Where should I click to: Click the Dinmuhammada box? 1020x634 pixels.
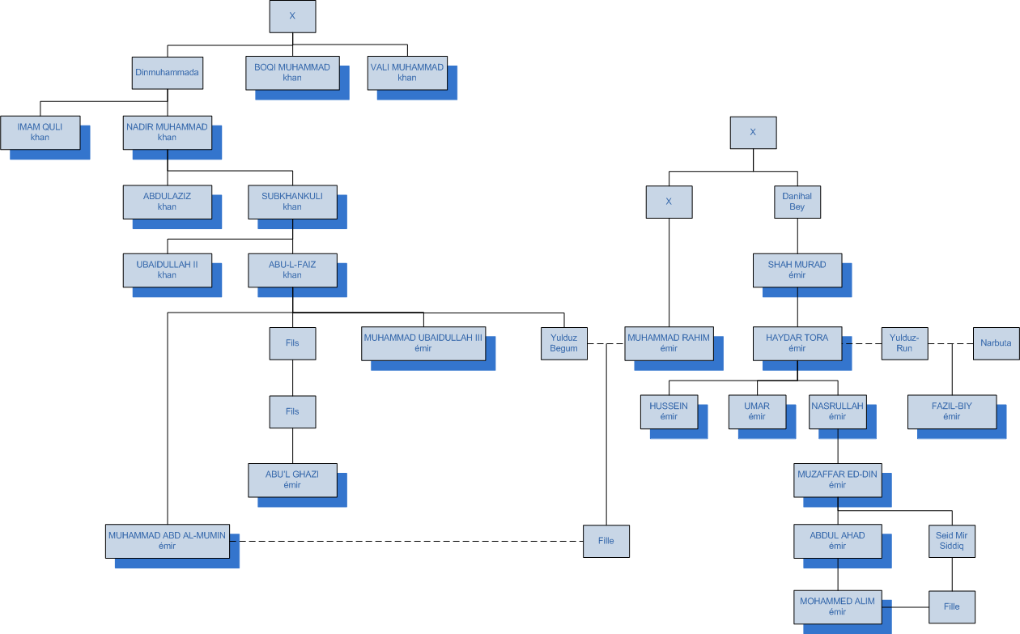point(167,72)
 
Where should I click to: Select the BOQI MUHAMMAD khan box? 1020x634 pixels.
point(292,72)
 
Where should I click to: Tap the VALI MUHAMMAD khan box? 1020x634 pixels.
point(407,72)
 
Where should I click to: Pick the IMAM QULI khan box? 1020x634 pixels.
point(40,132)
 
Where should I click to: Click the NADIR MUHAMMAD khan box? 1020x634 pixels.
point(167,132)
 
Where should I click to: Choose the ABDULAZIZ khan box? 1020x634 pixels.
point(167,201)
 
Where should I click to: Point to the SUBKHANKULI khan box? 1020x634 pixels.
point(292,201)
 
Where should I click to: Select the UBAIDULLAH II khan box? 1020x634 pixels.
point(167,270)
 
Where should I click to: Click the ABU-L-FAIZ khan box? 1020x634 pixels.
point(292,270)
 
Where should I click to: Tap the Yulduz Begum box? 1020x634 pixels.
point(563,343)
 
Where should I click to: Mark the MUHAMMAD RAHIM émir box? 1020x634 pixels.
point(669,343)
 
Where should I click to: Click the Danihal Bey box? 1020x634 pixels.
point(797,202)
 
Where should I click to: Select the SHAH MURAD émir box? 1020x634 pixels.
point(797,270)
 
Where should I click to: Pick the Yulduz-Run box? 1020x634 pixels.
point(904,343)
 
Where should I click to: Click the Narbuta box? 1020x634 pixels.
point(996,343)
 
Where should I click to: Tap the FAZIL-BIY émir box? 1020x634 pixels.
point(951,411)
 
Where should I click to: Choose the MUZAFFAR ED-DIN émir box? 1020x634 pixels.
point(837,480)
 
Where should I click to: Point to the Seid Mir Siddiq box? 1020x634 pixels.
point(951,541)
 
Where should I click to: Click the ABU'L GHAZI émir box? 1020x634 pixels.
point(292,480)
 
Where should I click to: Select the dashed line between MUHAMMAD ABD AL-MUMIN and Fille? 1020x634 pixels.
point(405,541)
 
